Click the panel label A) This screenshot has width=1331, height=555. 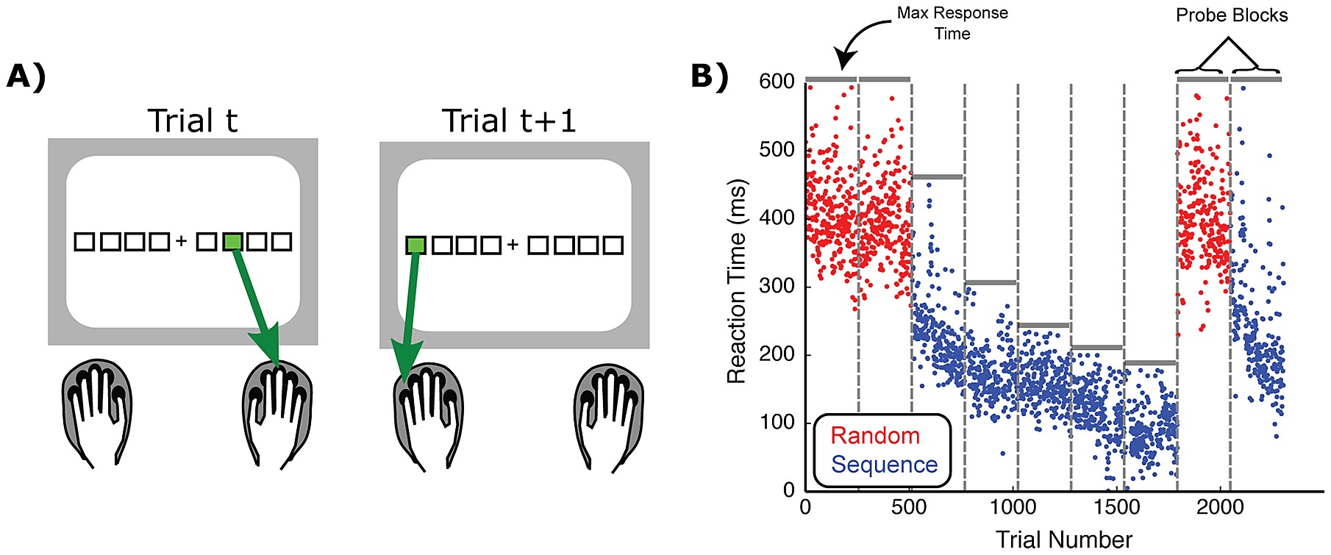(x=26, y=76)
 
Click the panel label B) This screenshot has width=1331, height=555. (x=710, y=76)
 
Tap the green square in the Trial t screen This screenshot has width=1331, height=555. (x=232, y=241)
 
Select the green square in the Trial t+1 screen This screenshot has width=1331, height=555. (x=416, y=245)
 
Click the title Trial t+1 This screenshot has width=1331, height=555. (x=509, y=121)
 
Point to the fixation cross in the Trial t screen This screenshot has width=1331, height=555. (x=182, y=241)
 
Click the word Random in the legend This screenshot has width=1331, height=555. (x=875, y=435)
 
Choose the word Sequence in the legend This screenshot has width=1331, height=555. (x=884, y=465)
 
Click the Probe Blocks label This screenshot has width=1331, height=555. (x=1232, y=15)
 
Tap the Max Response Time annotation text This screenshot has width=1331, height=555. (x=952, y=23)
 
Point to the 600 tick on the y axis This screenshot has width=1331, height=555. (x=777, y=81)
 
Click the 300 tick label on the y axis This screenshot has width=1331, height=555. (x=777, y=286)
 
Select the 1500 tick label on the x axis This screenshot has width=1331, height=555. (x=1116, y=507)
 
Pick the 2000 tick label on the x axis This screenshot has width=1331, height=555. (x=1220, y=507)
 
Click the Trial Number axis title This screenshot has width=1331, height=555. (x=1064, y=540)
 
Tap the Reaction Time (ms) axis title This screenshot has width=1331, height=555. (x=736, y=282)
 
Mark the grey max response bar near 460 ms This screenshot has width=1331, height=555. (x=937, y=177)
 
